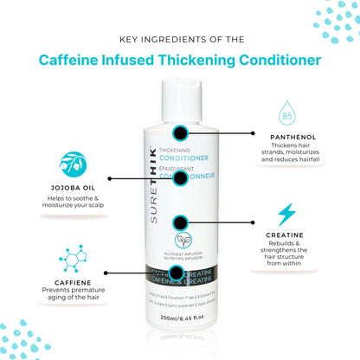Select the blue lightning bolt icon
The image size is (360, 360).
coord(286,214)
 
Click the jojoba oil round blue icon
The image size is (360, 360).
coord(73,164)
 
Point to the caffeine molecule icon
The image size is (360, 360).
coord(73,258)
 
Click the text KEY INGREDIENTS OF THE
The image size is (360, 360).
coord(180,39)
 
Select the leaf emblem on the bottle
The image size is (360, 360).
coord(181,241)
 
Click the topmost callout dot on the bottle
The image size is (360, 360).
coord(181,133)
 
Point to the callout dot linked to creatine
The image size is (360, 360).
coord(181,223)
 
